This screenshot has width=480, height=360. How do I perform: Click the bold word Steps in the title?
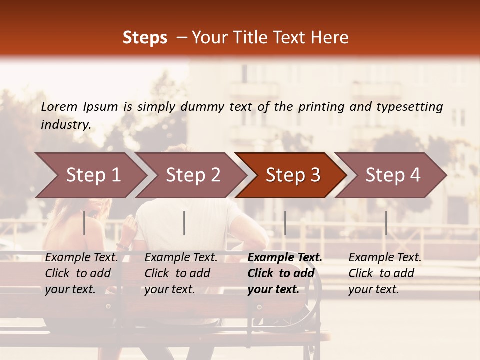click(x=145, y=38)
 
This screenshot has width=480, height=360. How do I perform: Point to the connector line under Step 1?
click(x=84, y=223)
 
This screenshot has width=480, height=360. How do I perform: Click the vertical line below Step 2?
click(x=184, y=223)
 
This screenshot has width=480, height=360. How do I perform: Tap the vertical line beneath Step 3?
click(x=285, y=223)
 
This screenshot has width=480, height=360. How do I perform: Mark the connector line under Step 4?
click(x=386, y=223)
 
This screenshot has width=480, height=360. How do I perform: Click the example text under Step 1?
click(x=81, y=273)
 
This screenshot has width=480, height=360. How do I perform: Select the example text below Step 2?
click(x=181, y=273)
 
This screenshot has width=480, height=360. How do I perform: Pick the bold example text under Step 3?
click(x=285, y=273)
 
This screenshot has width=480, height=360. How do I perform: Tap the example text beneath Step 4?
click(x=385, y=273)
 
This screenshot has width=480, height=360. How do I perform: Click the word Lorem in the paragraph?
click(x=59, y=107)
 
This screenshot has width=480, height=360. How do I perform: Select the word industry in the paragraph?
click(x=66, y=125)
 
